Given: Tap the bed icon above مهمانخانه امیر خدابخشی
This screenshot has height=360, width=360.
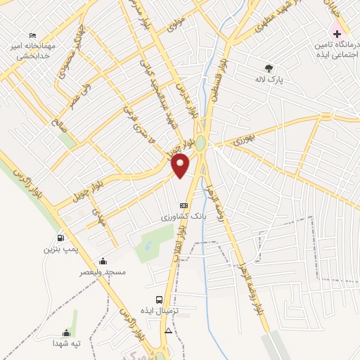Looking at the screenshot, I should (x=32, y=35).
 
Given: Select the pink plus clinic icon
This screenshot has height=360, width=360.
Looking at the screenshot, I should (x=337, y=34).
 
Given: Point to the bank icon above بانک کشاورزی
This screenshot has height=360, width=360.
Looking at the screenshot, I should (x=184, y=205).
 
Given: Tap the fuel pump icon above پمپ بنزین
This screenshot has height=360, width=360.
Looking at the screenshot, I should (x=60, y=238).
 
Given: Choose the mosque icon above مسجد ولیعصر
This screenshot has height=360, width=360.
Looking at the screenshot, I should (x=103, y=261).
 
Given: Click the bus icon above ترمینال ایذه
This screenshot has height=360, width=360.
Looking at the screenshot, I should (x=160, y=300).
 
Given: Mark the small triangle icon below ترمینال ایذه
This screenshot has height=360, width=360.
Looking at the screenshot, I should (x=167, y=330).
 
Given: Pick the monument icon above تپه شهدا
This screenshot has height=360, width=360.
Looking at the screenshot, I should (x=67, y=333).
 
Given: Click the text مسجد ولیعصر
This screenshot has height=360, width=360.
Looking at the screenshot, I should (x=103, y=272).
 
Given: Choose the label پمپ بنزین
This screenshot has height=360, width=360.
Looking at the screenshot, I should (x=58, y=249).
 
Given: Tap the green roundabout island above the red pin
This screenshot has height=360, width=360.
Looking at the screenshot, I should (x=200, y=143).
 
